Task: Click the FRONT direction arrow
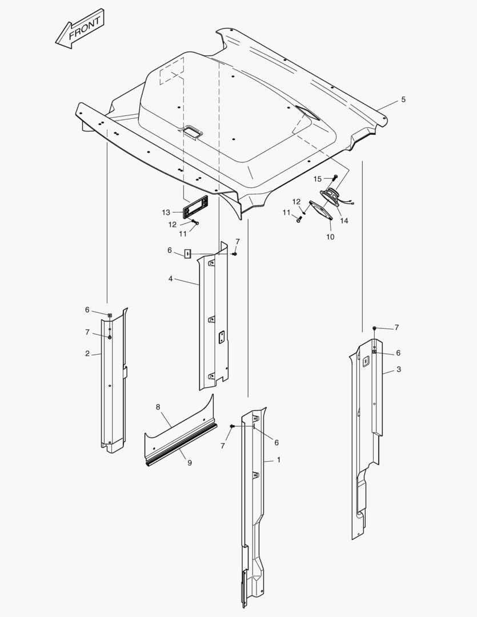coord(79,29)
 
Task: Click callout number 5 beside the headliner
coord(403,99)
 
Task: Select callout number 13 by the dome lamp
coord(166,213)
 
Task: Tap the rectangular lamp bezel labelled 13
coord(195,207)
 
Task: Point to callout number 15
coord(318,179)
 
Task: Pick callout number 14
coord(344,221)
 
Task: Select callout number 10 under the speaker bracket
coord(330,237)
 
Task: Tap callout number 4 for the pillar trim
coord(170,279)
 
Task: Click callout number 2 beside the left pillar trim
coord(87,354)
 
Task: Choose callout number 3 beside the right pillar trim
coord(399,370)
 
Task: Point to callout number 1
coord(279,459)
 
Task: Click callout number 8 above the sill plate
coord(158,407)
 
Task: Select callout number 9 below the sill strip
coord(189,463)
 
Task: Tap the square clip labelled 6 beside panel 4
coord(188,254)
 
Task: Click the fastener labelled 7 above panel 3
coord(375,328)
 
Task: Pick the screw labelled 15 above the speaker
coord(335,178)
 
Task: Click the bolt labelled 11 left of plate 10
coord(299,219)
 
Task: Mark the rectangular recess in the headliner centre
coord(192,131)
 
